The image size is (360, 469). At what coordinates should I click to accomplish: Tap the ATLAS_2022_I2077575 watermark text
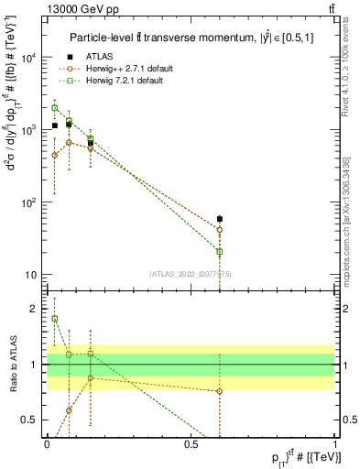190,274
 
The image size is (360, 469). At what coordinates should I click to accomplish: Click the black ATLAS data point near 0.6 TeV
220,219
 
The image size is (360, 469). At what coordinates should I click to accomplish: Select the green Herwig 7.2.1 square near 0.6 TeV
220,251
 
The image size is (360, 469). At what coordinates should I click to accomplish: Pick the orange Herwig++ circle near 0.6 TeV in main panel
220,230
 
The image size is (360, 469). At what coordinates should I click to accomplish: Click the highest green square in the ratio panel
55,319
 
